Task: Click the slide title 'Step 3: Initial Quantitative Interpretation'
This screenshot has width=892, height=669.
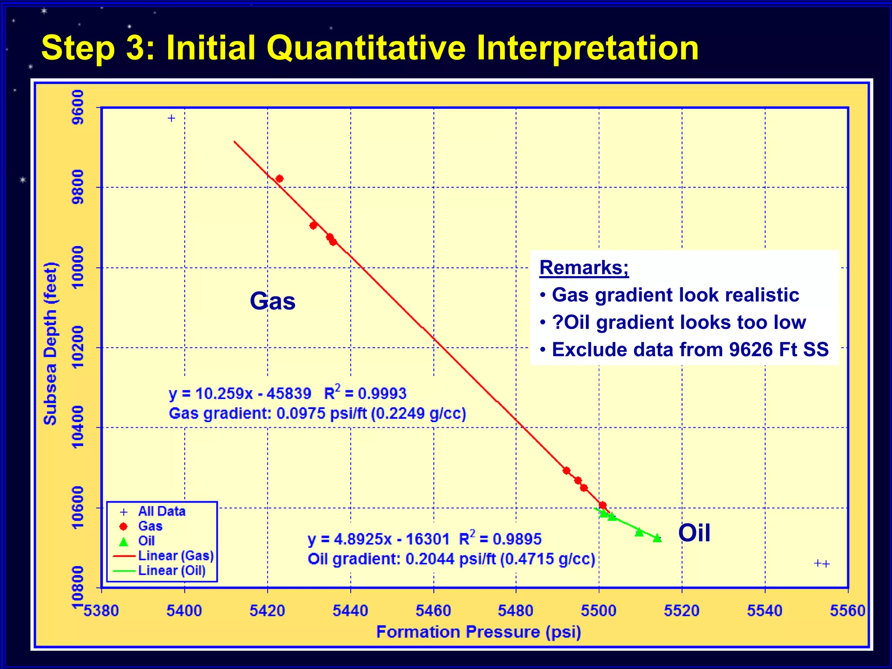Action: [370, 47]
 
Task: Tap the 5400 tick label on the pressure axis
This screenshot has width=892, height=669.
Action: [184, 611]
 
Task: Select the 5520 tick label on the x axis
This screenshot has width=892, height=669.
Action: [682, 611]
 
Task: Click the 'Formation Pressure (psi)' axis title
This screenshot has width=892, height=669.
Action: [478, 632]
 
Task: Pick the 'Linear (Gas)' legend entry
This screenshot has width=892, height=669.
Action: [176, 556]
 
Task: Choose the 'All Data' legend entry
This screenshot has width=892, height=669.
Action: [162, 511]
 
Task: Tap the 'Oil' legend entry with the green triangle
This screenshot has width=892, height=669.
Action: [146, 541]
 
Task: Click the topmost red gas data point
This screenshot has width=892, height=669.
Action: [280, 179]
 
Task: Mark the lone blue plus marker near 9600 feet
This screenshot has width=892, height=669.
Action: [172, 118]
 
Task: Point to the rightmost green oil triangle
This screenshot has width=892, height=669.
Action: [657, 538]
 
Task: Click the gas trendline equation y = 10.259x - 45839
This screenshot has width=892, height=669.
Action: [240, 394]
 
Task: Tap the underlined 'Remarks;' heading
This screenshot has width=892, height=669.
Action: [584, 267]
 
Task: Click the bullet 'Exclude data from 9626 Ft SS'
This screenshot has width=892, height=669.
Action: [690, 350]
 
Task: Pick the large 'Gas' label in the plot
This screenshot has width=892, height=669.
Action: [273, 301]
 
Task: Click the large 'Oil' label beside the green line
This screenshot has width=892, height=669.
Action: [694, 533]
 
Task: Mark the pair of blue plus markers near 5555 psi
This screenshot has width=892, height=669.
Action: [822, 564]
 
